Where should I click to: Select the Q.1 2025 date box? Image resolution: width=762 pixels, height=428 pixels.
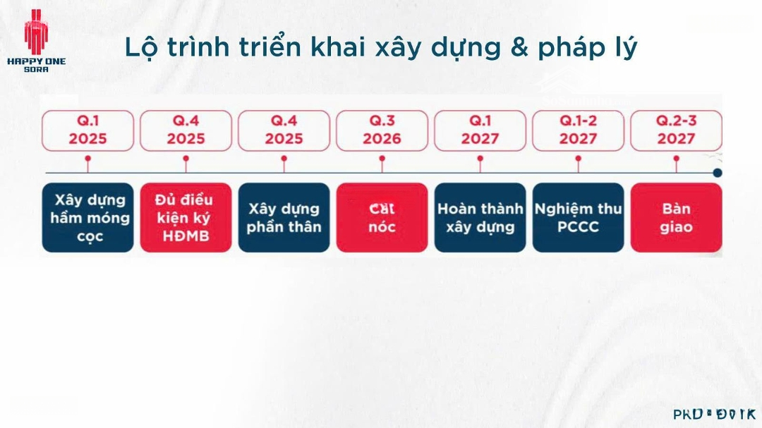point(87,130)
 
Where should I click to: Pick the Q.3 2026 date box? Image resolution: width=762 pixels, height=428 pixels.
point(382,130)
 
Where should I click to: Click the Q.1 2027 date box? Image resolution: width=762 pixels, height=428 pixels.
point(480,130)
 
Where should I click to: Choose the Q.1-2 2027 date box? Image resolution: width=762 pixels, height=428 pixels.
point(578,130)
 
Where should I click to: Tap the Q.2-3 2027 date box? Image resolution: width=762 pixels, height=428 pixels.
point(676,130)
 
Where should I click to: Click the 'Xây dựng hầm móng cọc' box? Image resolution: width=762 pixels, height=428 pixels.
point(87,218)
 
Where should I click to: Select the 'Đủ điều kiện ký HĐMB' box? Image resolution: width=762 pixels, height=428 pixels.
point(186,218)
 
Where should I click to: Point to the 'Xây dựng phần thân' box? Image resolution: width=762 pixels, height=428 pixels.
point(284,218)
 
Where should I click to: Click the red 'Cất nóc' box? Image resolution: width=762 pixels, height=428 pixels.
point(382,218)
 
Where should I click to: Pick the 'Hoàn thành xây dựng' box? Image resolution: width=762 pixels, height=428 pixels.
point(480,218)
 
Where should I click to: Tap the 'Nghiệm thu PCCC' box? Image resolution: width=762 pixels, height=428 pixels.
point(578,218)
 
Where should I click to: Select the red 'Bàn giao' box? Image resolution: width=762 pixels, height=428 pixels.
point(676,218)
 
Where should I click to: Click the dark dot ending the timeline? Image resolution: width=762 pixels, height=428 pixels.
point(718,173)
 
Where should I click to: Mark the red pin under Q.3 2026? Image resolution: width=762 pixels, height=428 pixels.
point(382,160)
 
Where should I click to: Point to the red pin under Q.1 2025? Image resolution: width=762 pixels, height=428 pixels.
point(87,160)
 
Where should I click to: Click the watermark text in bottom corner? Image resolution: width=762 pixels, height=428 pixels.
point(713,414)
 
